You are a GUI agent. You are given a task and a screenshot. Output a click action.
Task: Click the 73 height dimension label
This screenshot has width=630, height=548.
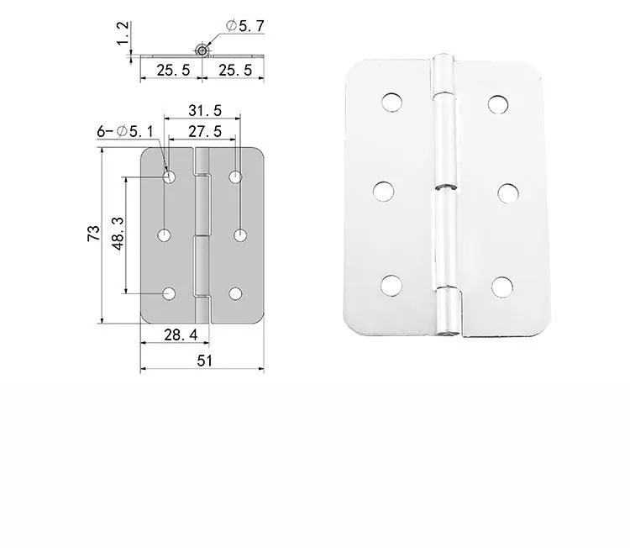[x=93, y=233]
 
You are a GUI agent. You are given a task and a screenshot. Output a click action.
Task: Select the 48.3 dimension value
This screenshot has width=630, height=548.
[x=118, y=233]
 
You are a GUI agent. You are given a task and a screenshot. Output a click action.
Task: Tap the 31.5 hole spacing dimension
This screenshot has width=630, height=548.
[x=205, y=111]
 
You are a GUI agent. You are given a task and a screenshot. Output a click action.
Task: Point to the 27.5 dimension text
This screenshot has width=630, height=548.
[x=205, y=131]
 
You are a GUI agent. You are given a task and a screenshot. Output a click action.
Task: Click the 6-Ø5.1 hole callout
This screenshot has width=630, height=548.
[x=125, y=131]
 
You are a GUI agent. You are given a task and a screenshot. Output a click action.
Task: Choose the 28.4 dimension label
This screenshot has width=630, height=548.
[x=181, y=335]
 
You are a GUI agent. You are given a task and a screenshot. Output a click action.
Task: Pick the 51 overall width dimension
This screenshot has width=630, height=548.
[x=204, y=361]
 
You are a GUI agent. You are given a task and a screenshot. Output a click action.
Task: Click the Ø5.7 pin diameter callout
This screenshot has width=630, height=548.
[x=245, y=26]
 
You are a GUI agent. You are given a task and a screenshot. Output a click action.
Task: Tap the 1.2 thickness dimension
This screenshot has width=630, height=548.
[x=123, y=34]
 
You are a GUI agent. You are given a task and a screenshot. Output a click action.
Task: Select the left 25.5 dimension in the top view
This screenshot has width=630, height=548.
[x=173, y=71]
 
